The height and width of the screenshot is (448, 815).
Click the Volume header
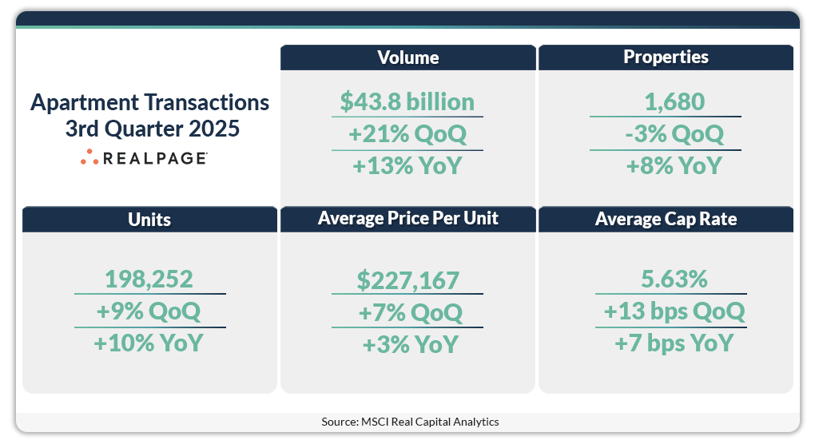click(x=407, y=57)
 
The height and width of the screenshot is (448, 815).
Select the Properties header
click(x=666, y=57)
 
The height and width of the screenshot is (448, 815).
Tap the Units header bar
click(x=149, y=220)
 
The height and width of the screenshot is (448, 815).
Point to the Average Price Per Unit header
click(x=407, y=219)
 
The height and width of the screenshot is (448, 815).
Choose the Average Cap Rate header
click(x=666, y=219)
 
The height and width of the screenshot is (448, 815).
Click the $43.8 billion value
click(x=407, y=102)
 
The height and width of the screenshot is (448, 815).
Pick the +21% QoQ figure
click(x=407, y=134)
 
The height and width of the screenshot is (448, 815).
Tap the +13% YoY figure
click(x=407, y=165)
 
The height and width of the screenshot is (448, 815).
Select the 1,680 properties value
click(x=666, y=102)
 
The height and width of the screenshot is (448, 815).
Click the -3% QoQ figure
click(x=666, y=134)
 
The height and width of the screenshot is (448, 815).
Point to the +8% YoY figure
click(x=666, y=165)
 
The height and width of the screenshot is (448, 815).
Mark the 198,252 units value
click(x=149, y=280)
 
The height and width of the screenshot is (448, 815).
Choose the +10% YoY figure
click(x=149, y=343)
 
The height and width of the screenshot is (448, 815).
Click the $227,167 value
click(x=407, y=280)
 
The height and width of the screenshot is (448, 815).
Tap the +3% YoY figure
click(x=407, y=343)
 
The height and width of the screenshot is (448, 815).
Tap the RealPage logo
click(x=144, y=158)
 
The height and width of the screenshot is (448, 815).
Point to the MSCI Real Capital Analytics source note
click(x=410, y=421)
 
